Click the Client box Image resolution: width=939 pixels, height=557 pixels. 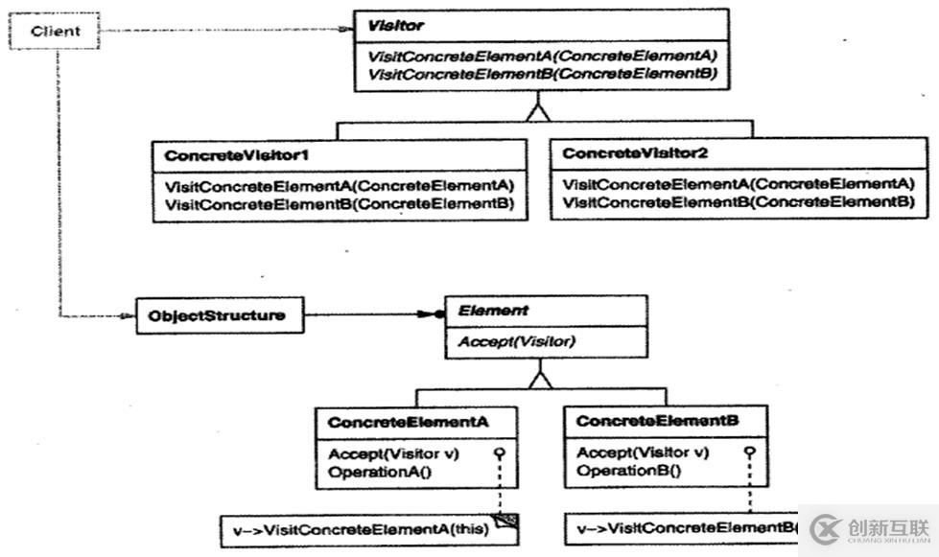tap(54, 32)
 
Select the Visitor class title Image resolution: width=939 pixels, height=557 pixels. tap(388, 26)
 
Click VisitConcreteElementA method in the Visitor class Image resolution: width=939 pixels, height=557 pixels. tap(542, 55)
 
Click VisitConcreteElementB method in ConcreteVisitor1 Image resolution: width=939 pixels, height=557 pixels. tap(340, 204)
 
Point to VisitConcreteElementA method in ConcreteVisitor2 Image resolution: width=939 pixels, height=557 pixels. tap(739, 184)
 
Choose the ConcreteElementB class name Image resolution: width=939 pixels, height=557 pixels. tap(658, 421)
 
